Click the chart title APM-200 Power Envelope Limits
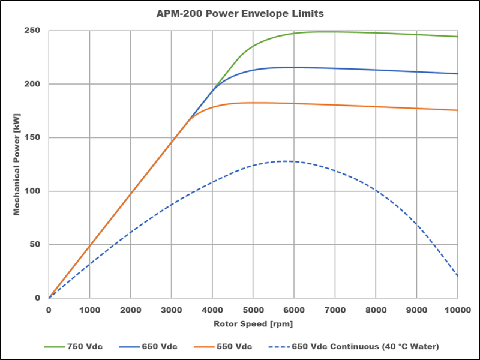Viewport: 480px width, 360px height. [x=239, y=13]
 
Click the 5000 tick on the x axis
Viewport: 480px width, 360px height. [x=253, y=310]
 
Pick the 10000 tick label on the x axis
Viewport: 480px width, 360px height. [x=457, y=310]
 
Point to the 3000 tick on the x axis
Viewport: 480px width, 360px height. [x=171, y=310]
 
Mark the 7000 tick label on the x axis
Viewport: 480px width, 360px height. [x=335, y=310]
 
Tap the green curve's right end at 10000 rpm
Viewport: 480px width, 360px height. [x=458, y=37]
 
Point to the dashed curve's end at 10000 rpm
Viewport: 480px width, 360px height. [x=458, y=276]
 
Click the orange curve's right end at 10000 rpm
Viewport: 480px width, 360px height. [x=458, y=110]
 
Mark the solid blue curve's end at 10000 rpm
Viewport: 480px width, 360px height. [x=458, y=74]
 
